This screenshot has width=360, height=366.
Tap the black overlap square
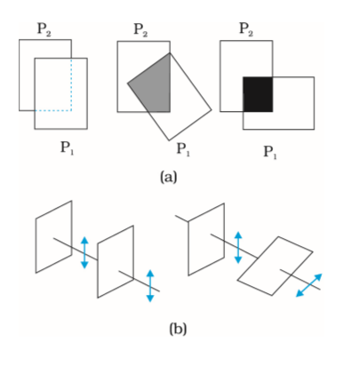coord(258,94)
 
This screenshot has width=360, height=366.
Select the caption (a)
coord(168,177)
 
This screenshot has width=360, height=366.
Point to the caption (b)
coord(178,329)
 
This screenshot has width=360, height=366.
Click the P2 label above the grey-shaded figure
coord(140,29)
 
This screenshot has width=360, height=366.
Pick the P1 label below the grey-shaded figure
coord(183,148)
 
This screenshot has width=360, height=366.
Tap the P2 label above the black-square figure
coord(246,29)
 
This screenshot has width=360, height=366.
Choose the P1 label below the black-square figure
coord(270,152)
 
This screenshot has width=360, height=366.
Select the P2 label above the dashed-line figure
coord(44,29)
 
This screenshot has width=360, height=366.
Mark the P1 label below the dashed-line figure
coord(68,147)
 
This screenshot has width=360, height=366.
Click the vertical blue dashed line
coord(71,84)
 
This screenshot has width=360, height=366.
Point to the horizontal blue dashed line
coord(53,110)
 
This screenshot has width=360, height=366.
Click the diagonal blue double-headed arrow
coord(309,285)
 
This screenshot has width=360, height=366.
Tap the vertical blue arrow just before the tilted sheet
coord(238,248)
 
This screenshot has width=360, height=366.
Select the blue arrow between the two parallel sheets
coord(84,252)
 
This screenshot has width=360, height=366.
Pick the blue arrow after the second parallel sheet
coord(150,285)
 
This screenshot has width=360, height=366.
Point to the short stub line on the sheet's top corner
coord(181,219)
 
